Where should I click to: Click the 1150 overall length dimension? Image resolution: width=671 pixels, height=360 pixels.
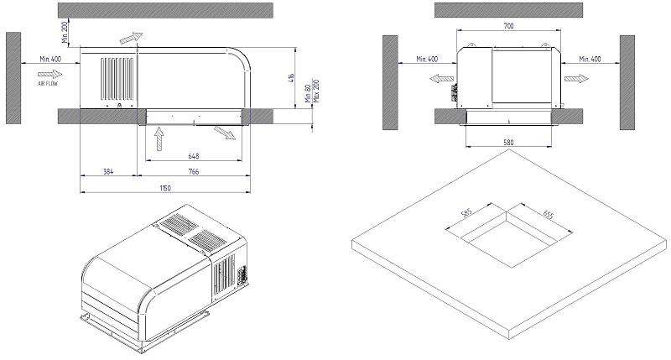tap(165, 188)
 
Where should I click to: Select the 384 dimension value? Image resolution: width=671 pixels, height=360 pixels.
tap(107, 172)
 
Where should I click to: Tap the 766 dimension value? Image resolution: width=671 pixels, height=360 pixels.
tap(193, 172)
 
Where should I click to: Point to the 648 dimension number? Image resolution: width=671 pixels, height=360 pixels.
tap(195, 155)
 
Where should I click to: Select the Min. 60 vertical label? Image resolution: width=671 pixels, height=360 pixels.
tap(308, 93)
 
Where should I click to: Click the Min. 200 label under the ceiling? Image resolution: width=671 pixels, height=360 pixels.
tap(65, 34)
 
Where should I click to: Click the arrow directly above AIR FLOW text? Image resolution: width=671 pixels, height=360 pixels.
tap(50, 74)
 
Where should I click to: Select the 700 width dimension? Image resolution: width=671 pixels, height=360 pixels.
tap(509, 27)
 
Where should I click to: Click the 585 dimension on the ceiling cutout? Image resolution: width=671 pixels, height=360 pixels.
tap(467, 215)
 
